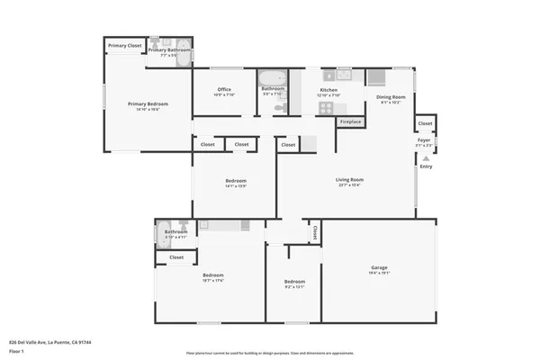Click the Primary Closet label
coord(125,45)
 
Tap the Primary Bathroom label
coord(169,50)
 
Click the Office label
coord(225,89)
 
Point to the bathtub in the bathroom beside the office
coord(273,79)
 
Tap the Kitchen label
coord(329,89)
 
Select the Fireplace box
coord(350,121)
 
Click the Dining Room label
coord(391,97)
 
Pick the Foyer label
coord(424,140)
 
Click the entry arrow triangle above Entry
coord(426,157)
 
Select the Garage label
coord(380,267)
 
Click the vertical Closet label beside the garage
coord(314,232)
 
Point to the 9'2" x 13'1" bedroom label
coord(295,281)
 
